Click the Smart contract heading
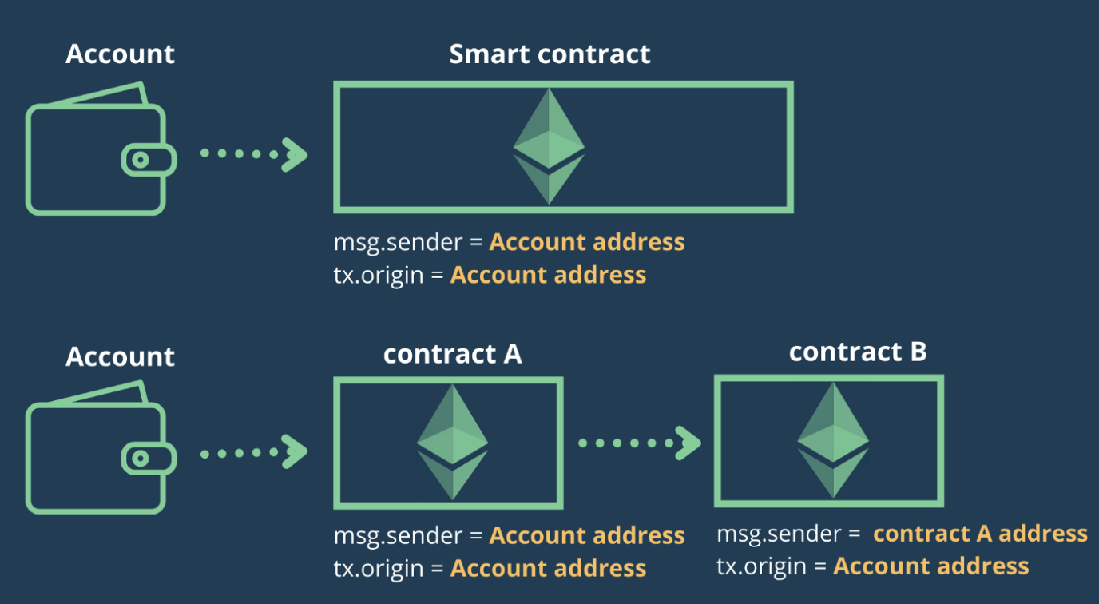549,54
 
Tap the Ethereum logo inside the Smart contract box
549,146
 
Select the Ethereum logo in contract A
452,443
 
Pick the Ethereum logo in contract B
833,439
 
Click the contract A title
452,354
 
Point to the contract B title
858,352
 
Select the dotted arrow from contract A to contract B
639,443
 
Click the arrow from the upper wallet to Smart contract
253,153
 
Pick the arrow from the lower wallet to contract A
253,453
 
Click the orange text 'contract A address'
980,534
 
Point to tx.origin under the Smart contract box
379,276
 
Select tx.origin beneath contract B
762,566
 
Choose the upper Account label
120,54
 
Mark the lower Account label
120,356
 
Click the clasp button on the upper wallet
141,160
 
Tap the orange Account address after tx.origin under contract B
930,566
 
